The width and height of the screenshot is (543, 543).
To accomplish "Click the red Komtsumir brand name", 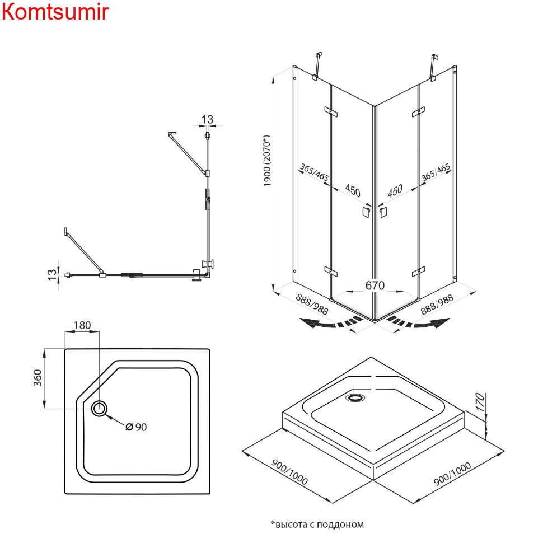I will [x=55, y=12].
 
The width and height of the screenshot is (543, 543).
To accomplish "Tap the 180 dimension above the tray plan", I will [x=82, y=325].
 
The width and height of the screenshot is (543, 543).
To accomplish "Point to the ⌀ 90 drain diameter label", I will [x=136, y=427].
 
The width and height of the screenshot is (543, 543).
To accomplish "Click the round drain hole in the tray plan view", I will [x=100, y=408].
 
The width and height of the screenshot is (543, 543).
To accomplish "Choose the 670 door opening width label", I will [x=375, y=285].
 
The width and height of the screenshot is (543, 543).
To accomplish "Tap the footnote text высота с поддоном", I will [x=317, y=525].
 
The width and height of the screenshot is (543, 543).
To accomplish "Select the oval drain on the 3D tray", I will [x=355, y=398].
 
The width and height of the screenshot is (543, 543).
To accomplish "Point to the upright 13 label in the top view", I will [x=207, y=119].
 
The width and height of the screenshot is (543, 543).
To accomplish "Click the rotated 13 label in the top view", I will [x=52, y=274].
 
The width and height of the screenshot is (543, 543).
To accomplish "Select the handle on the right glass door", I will [x=383, y=212].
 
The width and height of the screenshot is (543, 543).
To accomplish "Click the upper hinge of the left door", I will [x=331, y=112].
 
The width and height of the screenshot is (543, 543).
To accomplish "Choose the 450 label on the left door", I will [x=352, y=190].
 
